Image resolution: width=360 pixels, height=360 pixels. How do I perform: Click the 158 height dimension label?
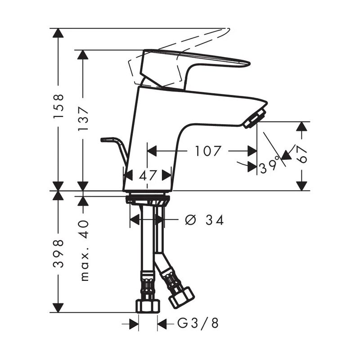[x=58, y=106]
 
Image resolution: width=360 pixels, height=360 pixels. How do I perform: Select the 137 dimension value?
[x=83, y=119]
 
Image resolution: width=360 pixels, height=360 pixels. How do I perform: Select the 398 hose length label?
[x=58, y=253]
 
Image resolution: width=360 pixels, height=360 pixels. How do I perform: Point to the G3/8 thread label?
[x=198, y=324]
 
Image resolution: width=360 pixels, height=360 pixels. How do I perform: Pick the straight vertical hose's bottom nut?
[x=148, y=306]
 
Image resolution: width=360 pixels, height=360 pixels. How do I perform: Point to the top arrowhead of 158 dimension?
[x=58, y=33]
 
